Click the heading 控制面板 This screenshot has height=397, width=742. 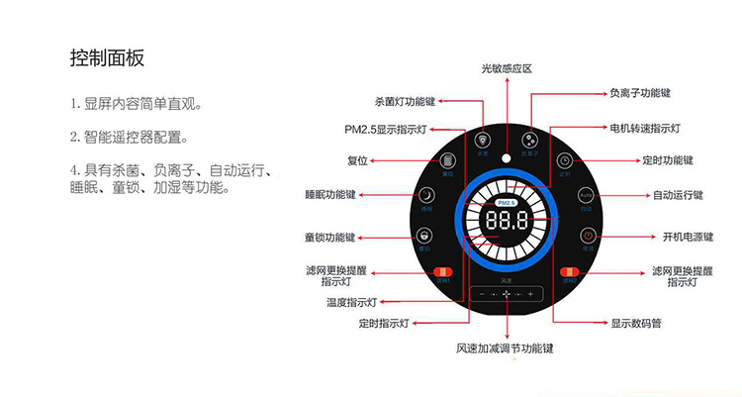coord(108,57)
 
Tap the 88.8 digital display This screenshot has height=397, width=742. coord(506,220)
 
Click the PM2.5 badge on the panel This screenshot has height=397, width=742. coord(506,202)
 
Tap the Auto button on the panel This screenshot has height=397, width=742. coord(586,196)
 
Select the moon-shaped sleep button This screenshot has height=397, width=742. coord(425,196)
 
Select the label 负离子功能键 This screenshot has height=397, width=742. coord(640,93)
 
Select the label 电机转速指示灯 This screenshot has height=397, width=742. coord(645,129)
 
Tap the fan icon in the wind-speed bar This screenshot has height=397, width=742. coord(506,294)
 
